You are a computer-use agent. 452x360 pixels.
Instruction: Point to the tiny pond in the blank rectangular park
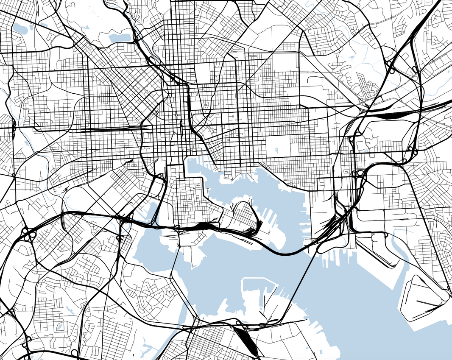tap(276, 150)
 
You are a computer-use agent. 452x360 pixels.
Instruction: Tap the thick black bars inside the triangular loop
tap(428, 303)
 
